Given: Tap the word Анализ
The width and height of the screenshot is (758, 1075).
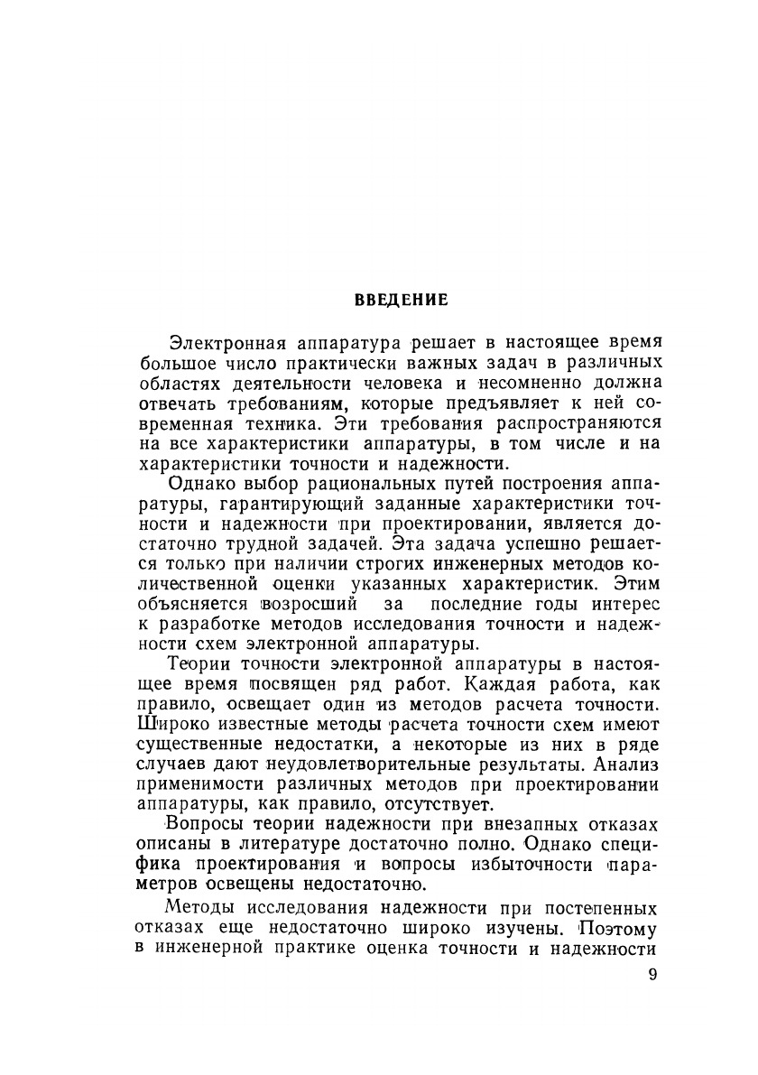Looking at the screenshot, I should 629,765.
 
